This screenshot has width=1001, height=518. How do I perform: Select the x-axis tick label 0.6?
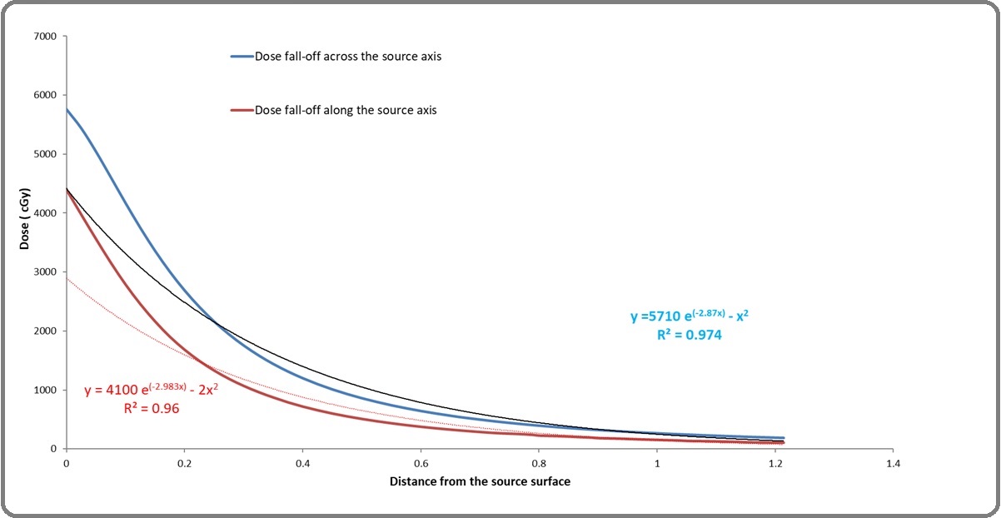click(x=421, y=463)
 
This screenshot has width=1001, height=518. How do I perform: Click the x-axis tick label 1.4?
click(x=894, y=463)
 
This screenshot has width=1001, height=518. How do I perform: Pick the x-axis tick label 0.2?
click(x=184, y=463)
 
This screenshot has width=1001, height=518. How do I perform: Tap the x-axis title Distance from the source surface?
click(x=480, y=482)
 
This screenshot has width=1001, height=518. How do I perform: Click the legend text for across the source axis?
click(x=347, y=57)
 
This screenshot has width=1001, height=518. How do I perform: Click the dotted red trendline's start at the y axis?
click(x=67, y=278)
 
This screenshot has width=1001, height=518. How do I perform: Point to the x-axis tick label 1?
click(x=657, y=463)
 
